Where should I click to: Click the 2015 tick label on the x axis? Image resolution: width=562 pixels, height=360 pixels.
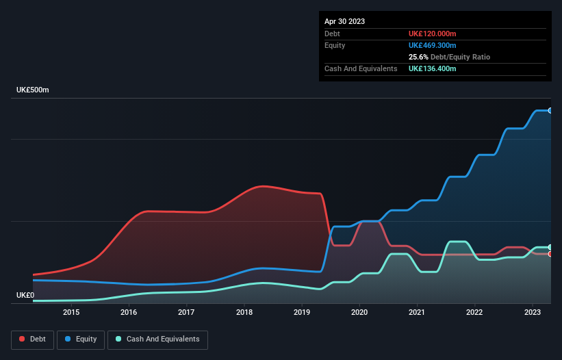pyautogui.click(x=71, y=313)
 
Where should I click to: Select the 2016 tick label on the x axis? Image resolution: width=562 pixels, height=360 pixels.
pyautogui.click(x=129, y=313)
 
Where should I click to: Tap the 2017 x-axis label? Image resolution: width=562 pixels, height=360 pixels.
pyautogui.click(x=186, y=313)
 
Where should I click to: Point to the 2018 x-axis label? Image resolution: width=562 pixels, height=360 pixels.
pyautogui.click(x=244, y=313)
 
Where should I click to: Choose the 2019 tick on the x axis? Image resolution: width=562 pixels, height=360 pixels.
pyautogui.click(x=302, y=313)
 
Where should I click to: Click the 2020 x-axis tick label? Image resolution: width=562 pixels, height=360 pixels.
pyautogui.click(x=360, y=313)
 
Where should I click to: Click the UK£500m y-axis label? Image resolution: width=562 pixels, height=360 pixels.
pyautogui.click(x=33, y=90)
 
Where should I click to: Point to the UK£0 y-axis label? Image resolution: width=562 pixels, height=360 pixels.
pyautogui.click(x=25, y=295)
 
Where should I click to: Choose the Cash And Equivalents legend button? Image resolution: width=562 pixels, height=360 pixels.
pyautogui.click(x=157, y=339)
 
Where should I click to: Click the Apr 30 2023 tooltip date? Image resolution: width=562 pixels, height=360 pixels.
pyautogui.click(x=345, y=21)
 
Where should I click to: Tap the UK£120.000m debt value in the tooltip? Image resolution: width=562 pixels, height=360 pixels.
pyautogui.click(x=433, y=34)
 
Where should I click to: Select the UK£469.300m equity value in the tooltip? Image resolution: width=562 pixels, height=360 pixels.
pyautogui.click(x=433, y=45)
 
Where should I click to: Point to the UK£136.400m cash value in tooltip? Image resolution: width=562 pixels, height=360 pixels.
pyautogui.click(x=433, y=69)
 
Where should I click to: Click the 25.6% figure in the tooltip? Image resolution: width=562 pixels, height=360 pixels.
pyautogui.click(x=418, y=57)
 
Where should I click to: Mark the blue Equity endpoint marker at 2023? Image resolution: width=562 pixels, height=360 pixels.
pyautogui.click(x=550, y=110)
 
